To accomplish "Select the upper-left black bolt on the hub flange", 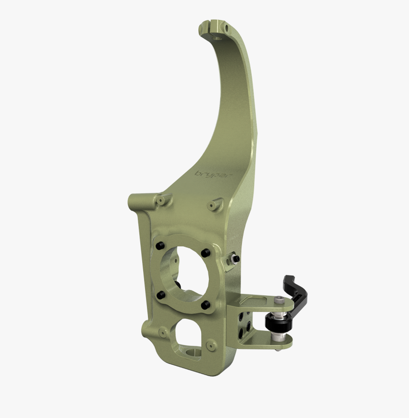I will [x=160, y=245].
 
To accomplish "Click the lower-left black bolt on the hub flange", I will [x=160, y=294].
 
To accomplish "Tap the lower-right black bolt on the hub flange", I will [x=205, y=305].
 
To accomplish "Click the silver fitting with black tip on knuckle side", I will [x=234, y=259].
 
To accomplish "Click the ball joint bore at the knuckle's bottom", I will [x=196, y=351].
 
